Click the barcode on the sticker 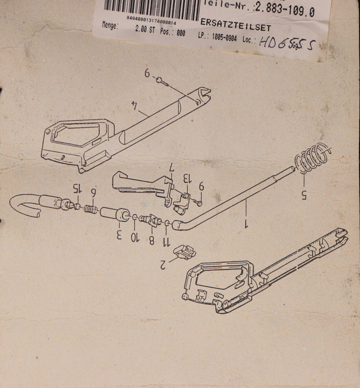[x=150, y=8]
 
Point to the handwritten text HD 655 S [x=288, y=43]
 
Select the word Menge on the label [x=110, y=25]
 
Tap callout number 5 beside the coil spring [x=303, y=193]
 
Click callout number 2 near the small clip [x=162, y=264]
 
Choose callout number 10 [x=134, y=237]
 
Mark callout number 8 [x=150, y=240]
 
